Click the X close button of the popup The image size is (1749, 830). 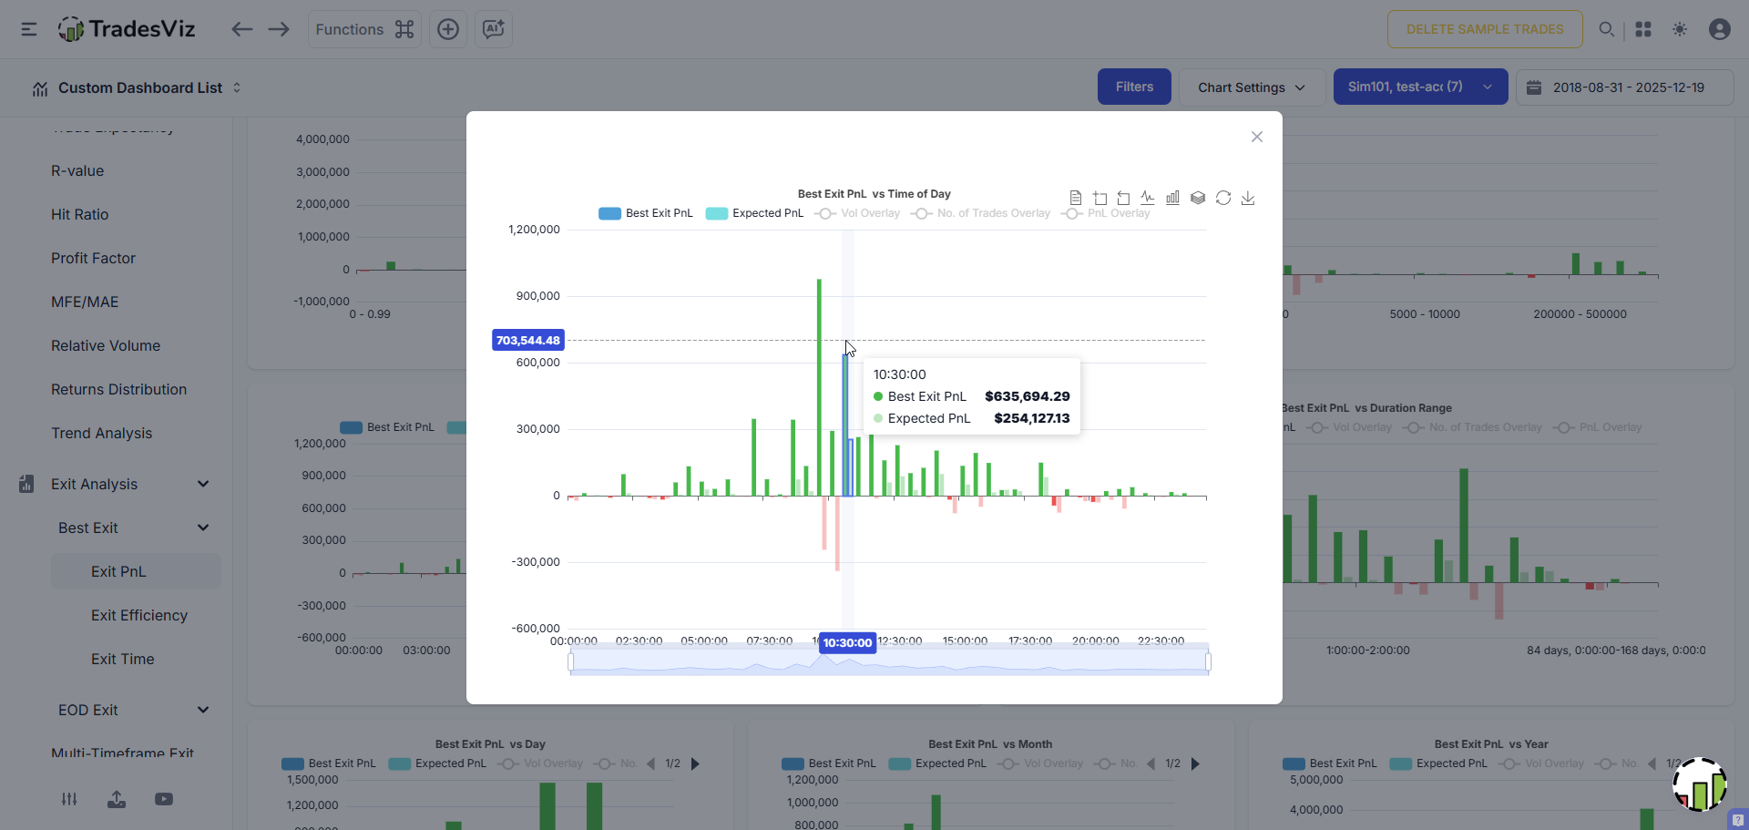[1257, 137]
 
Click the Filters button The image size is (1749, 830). [1134, 87]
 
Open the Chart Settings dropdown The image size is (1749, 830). [1251, 87]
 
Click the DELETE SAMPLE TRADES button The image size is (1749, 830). [1484, 29]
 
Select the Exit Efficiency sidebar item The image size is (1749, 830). [138, 616]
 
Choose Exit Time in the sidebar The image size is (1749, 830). [122, 660]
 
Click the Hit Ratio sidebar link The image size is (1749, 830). [79, 215]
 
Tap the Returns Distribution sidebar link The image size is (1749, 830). [118, 390]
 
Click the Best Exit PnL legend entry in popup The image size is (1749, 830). [646, 213]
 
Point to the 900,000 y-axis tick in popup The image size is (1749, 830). [537, 296]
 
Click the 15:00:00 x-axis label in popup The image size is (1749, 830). [965, 640]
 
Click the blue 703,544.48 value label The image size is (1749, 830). [528, 341]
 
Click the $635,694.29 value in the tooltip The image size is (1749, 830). [1027, 396]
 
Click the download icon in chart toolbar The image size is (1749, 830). [1248, 198]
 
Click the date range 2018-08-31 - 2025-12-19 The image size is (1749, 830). [1627, 87]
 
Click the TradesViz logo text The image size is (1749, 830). [142, 29]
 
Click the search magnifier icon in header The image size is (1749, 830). [1607, 29]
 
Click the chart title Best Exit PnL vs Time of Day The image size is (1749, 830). [874, 194]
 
